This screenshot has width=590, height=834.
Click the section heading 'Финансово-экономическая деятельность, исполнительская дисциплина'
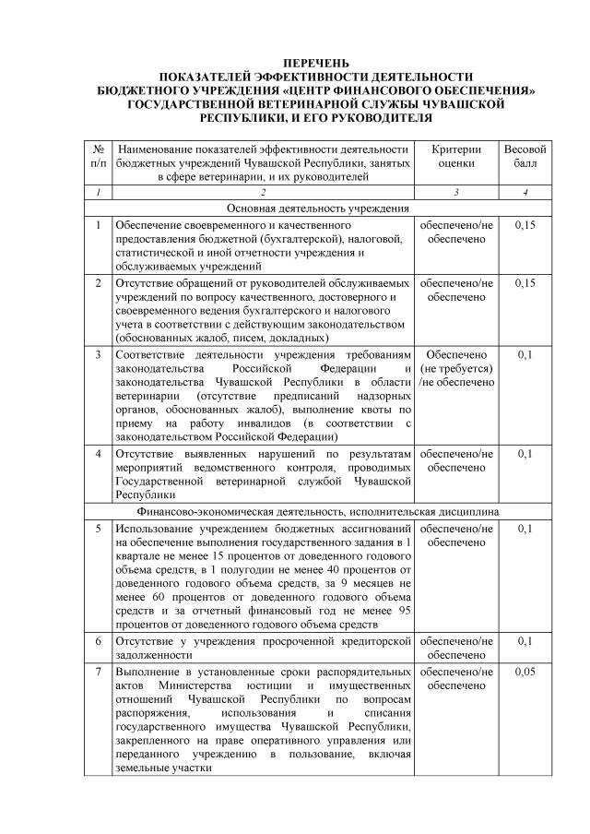(x=316, y=509)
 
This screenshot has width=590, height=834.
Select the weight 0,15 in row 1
(x=525, y=225)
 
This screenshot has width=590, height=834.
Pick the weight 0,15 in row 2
(x=525, y=282)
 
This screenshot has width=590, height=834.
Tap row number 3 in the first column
(x=98, y=354)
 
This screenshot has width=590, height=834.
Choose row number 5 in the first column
(x=98, y=528)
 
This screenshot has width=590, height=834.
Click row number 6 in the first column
(x=98, y=639)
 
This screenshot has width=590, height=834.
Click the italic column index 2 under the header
(x=263, y=192)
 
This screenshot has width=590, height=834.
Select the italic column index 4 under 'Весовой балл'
(x=525, y=192)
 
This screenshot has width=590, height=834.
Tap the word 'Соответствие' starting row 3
(x=151, y=354)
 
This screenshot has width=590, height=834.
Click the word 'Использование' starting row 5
(x=155, y=528)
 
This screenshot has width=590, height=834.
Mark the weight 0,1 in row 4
(x=525, y=454)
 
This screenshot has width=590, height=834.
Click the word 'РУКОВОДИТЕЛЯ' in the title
(x=366, y=119)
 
